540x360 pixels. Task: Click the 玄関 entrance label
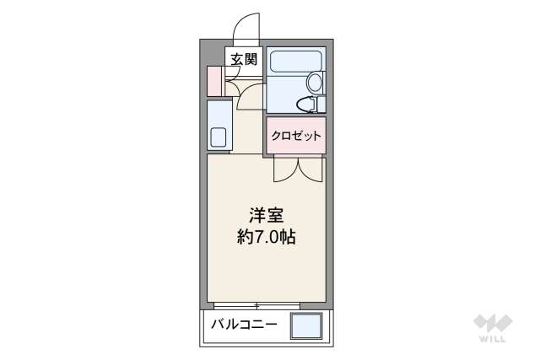[245, 59]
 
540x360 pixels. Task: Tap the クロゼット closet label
[295, 135]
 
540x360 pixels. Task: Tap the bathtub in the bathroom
[294, 63]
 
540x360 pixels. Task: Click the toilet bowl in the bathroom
[305, 105]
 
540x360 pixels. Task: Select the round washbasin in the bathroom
[315, 83]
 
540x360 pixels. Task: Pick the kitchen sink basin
[218, 137]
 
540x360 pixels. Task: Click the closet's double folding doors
[297, 169]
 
